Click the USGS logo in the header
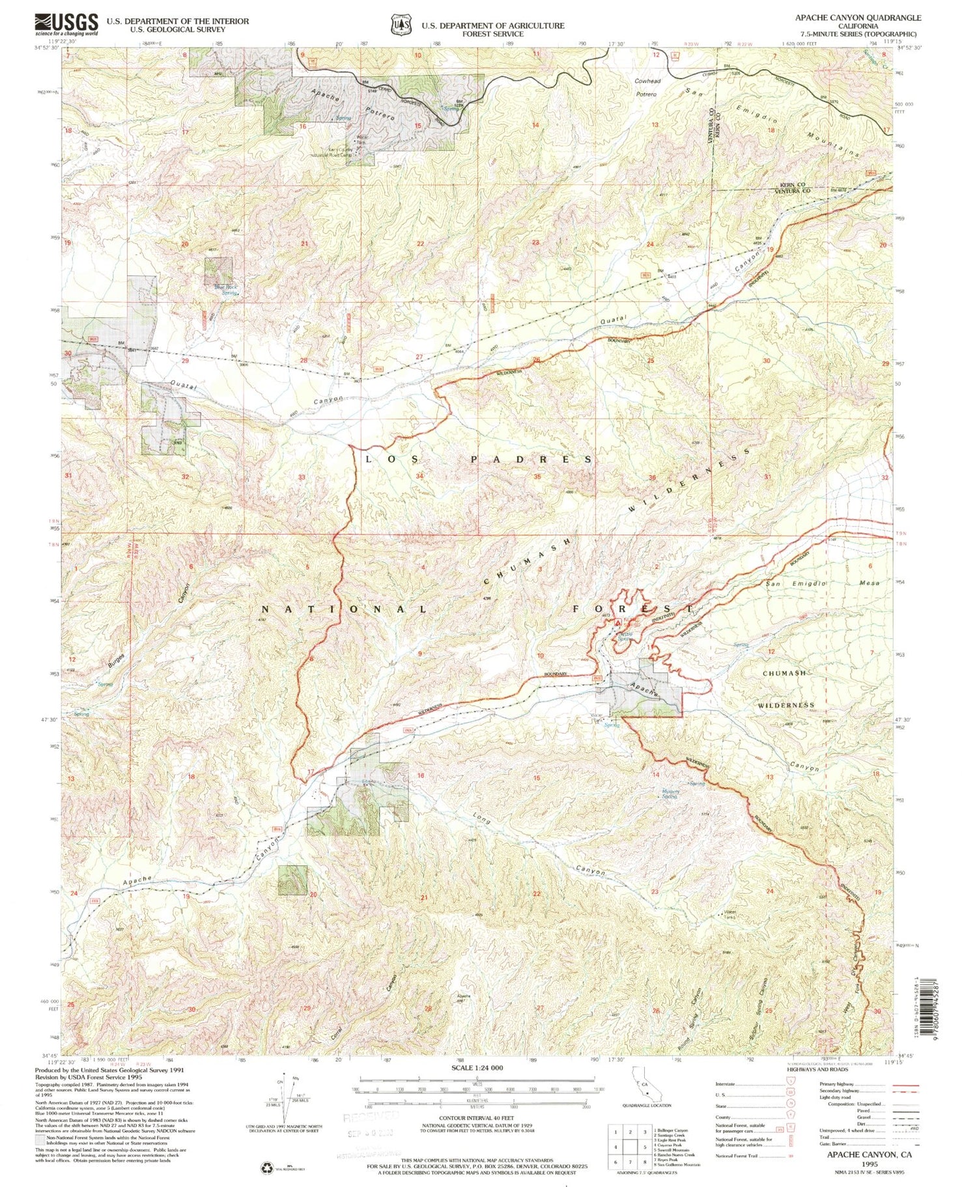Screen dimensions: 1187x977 66,24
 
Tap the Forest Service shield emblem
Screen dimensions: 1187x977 398,25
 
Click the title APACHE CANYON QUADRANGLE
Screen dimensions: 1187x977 858,18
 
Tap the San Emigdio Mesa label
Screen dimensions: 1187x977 822,583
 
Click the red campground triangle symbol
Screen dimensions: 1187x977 618,622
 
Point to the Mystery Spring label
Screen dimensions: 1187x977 670,794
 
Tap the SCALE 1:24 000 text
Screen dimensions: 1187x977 468,1068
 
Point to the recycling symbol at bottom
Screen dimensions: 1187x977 264,1167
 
